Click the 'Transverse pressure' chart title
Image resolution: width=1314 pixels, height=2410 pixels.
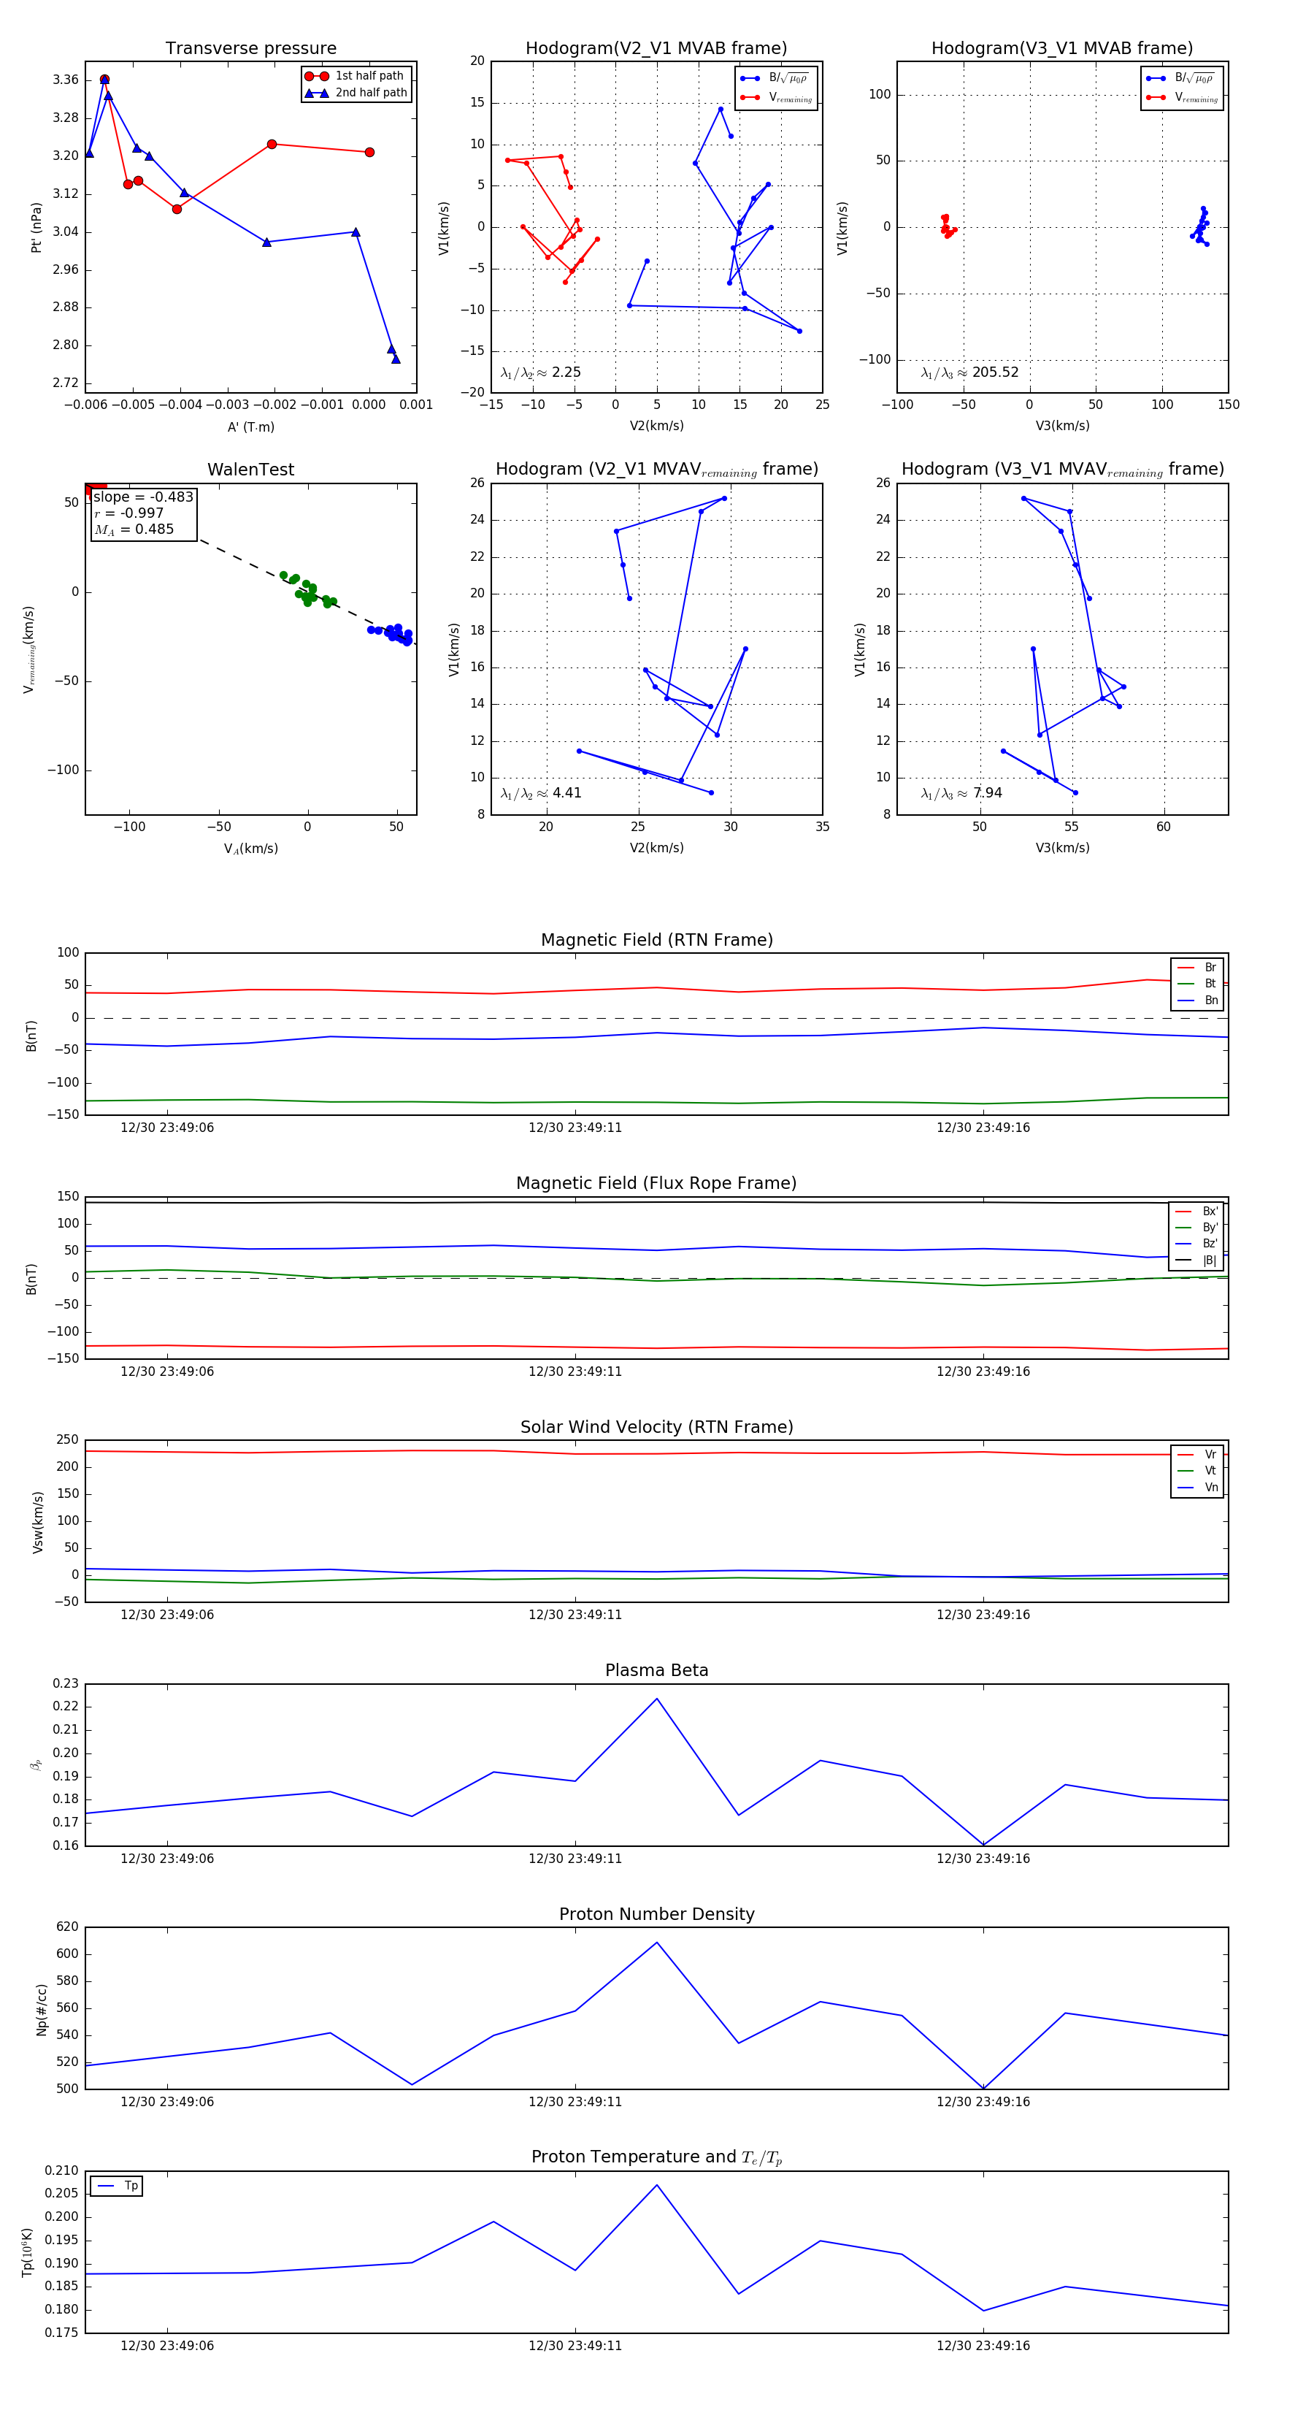250,49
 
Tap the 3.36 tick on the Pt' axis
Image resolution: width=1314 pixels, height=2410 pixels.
66,80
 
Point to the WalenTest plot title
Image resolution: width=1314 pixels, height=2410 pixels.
250,470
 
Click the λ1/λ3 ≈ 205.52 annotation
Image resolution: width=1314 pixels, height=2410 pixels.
970,372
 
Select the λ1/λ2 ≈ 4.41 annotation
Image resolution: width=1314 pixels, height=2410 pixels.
540,793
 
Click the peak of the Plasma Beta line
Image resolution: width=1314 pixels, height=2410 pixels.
656,1698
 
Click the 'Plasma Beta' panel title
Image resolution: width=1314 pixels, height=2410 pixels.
656,1670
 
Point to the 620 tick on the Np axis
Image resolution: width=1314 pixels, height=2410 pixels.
67,1927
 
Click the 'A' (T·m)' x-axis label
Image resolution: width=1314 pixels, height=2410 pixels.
250,427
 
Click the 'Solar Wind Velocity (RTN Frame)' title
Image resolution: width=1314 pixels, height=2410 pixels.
656,1427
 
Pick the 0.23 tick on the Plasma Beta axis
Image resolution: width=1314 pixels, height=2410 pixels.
66,1683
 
